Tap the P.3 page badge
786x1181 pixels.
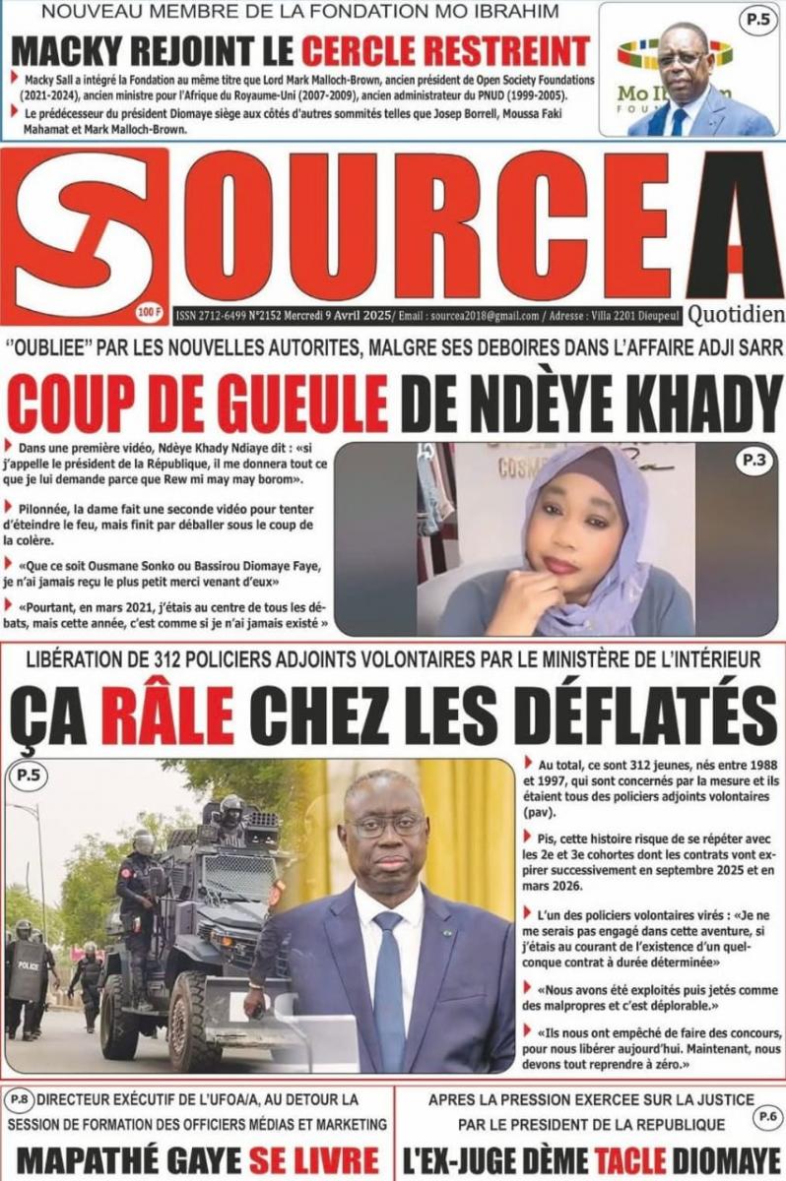click(x=753, y=460)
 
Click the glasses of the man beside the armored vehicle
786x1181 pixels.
click(x=385, y=825)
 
